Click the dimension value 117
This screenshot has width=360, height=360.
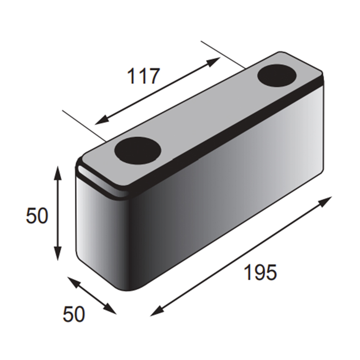(143, 76)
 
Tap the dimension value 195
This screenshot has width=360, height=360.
(260, 272)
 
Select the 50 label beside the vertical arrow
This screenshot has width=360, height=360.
(37, 216)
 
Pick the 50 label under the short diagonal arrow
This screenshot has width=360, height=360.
(74, 314)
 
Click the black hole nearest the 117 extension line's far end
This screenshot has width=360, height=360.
(277, 76)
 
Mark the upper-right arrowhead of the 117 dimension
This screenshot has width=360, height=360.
(214, 61)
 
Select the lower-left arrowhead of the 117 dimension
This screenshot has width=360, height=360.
(102, 120)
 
